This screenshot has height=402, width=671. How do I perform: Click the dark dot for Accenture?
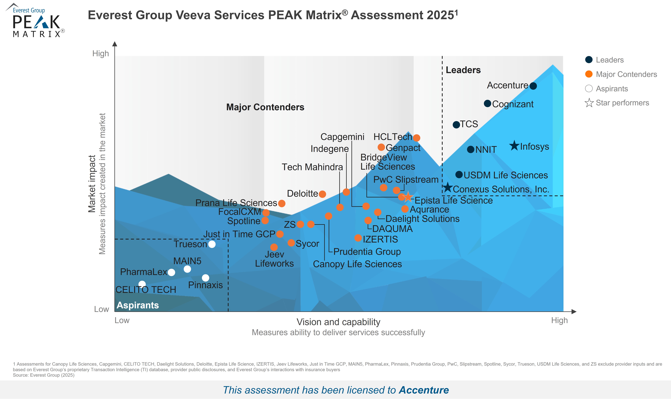coord(533,86)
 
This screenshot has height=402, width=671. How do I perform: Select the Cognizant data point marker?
coord(487,103)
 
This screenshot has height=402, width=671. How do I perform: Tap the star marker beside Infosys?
coord(514,146)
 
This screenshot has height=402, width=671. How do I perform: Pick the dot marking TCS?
coord(456,125)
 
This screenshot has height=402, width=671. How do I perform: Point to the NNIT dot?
coord(471,149)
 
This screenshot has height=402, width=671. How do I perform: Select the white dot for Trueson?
coord(212,244)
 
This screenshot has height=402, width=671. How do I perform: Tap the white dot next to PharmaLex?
coord(171,272)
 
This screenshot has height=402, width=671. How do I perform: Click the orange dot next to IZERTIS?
coord(358,238)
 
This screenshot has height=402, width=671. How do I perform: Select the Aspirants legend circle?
coord(589,89)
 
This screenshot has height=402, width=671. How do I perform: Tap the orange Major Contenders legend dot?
coord(589,74)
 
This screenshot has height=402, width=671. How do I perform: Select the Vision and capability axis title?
coord(338,322)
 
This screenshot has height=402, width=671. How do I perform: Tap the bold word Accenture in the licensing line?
coord(424,390)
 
